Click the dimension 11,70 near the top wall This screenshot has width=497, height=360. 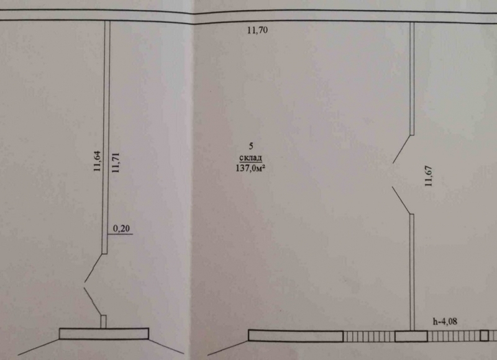click(x=257, y=30)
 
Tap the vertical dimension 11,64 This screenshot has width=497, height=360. click(x=98, y=161)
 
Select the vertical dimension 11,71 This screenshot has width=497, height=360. click(x=116, y=162)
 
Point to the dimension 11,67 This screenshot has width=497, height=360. click(x=429, y=176)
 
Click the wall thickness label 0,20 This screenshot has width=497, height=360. click(x=121, y=228)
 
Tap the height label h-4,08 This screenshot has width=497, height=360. click(x=445, y=322)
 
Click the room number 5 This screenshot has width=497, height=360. click(x=251, y=146)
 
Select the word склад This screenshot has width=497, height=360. click(x=251, y=158)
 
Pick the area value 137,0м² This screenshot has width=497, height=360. click(x=250, y=168)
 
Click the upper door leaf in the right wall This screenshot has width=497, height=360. click(x=402, y=149)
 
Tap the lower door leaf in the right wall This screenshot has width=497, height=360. click(x=401, y=200)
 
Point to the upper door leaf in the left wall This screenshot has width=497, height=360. click(x=93, y=268)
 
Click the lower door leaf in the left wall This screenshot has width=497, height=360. click(x=93, y=302)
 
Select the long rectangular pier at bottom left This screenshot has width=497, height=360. click(x=104, y=333)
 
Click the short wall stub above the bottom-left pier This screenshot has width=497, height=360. click(x=103, y=322)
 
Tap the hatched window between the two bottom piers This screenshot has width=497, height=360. click(x=369, y=336)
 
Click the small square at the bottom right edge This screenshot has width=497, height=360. click(x=484, y=336)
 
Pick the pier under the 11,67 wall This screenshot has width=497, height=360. click(x=411, y=336)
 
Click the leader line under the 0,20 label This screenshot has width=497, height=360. click(x=120, y=234)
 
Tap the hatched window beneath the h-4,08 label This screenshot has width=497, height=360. click(x=454, y=336)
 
